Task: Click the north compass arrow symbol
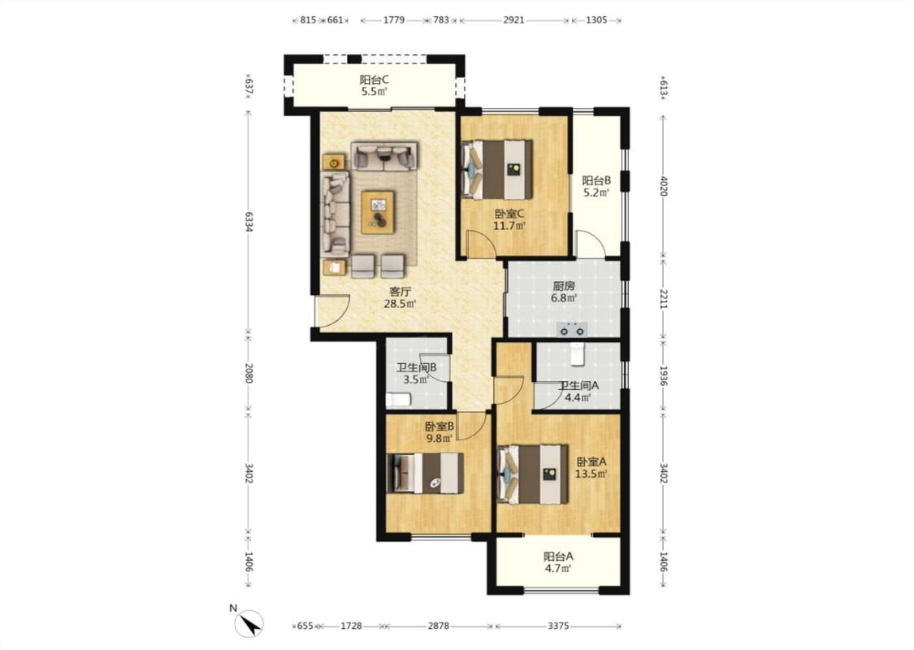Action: (249, 624)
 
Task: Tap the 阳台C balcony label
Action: (374, 80)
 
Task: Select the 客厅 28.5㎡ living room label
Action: (400, 297)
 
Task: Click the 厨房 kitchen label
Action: (564, 286)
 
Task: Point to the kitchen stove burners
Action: (572, 330)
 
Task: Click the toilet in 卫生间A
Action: (577, 354)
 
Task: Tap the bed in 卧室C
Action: (497, 169)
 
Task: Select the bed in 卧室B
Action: (426, 473)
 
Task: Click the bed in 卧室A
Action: (533, 474)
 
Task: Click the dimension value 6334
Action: (249, 222)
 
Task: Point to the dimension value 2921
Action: (513, 19)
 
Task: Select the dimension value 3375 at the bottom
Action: (558, 626)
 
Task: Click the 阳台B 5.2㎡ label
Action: (596, 187)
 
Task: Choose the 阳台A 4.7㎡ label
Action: (558, 562)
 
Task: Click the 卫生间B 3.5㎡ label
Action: (416, 374)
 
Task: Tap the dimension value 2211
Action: (663, 298)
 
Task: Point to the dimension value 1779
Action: (394, 19)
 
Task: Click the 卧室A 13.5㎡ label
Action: (591, 467)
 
